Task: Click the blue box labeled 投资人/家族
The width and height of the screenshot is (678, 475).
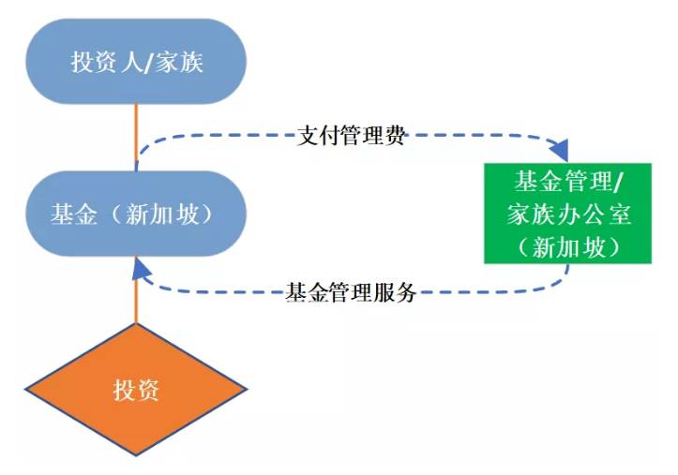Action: click(x=137, y=62)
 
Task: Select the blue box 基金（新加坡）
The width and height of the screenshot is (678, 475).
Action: click(x=137, y=214)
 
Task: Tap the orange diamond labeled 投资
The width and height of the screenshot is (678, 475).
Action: click(x=137, y=390)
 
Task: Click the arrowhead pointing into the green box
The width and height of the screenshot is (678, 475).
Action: click(x=561, y=151)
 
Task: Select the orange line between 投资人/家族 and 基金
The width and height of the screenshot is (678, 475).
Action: click(x=137, y=137)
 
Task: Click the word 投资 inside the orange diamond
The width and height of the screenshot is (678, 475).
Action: click(x=137, y=390)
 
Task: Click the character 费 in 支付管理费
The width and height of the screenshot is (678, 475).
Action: click(x=396, y=137)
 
